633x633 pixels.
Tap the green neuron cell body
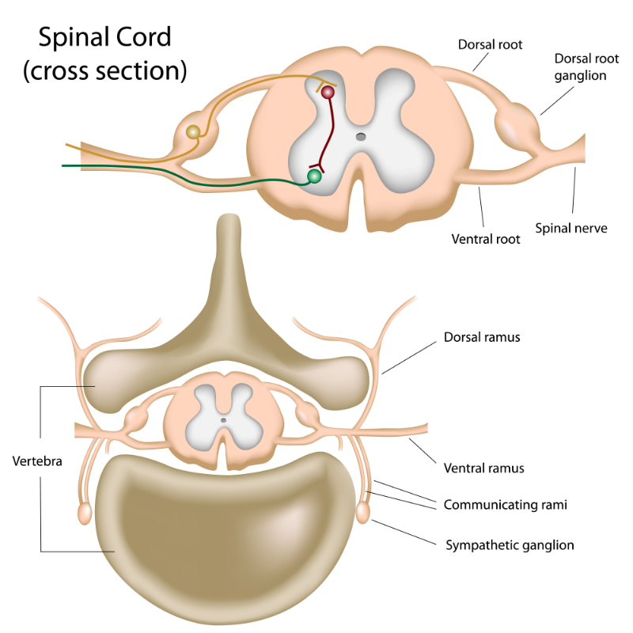(315, 176)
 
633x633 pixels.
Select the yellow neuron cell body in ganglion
(193, 132)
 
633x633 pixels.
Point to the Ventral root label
(486, 238)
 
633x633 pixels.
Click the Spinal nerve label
(571, 228)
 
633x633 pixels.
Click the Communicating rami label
(506, 504)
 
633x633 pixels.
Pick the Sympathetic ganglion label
(510, 544)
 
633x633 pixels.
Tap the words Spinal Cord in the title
(104, 37)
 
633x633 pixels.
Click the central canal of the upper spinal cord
(361, 137)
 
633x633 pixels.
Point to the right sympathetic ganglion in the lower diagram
(363, 514)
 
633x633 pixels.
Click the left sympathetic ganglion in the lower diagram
(85, 514)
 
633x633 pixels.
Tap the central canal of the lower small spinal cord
(224, 420)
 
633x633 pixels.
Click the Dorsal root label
(490, 45)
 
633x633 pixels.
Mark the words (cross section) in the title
(104, 70)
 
